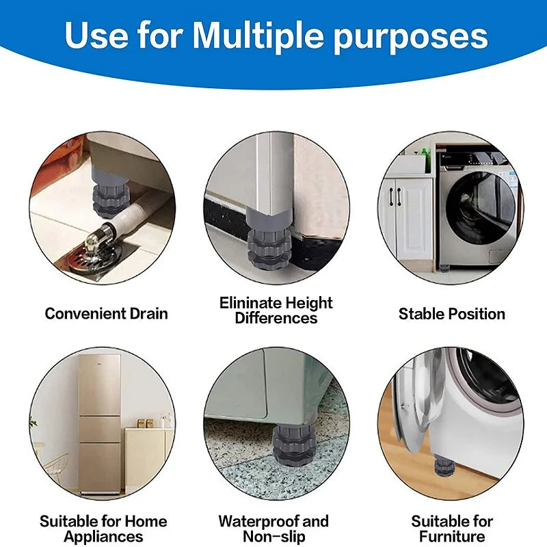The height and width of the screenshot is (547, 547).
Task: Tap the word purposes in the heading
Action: click(x=411, y=38)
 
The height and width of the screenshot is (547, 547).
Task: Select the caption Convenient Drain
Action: click(x=106, y=314)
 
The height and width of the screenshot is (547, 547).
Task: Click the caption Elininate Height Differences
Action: click(x=276, y=310)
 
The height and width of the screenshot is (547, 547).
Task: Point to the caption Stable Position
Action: click(x=452, y=314)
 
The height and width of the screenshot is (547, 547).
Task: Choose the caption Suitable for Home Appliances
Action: click(x=103, y=529)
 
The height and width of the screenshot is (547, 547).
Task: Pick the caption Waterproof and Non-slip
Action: click(x=273, y=529)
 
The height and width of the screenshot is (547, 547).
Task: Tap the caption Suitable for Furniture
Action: click(x=452, y=529)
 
